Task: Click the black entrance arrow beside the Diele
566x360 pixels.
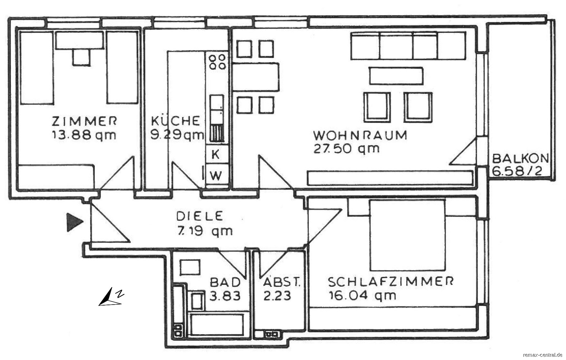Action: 75,222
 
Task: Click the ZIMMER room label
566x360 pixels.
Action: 85,121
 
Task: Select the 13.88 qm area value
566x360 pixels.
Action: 84,136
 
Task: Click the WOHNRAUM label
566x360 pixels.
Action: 360,136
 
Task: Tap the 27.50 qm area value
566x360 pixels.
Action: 346,149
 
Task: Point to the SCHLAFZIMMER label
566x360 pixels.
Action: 391,282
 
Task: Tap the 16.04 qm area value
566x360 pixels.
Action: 362,295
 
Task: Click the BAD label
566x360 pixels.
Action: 225,282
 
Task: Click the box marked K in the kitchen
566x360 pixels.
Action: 215,154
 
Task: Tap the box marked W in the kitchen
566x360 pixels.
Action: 215,175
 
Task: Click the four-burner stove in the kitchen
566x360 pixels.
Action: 217,62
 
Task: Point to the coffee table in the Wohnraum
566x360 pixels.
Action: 396,76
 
